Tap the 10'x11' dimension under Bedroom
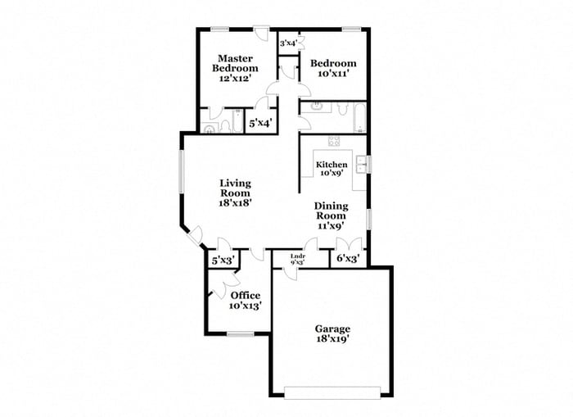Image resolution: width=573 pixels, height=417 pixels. point(334,74)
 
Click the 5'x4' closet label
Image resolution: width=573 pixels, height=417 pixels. point(261,123)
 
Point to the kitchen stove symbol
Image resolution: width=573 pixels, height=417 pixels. point(333,141)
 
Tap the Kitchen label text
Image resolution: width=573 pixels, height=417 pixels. point(331,165)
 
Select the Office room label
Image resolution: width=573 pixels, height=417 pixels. point(245,296)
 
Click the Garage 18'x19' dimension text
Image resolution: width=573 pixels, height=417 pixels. point(333,340)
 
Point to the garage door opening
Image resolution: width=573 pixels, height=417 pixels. point(332,387)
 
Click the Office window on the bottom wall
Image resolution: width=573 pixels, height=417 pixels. point(239,333)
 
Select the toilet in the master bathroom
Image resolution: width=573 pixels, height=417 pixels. point(210,127)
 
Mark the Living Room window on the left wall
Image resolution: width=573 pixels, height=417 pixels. point(183,172)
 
